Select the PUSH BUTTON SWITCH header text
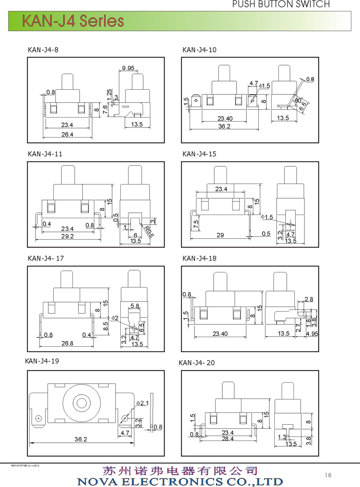(281, 4)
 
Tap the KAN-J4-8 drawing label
(43, 50)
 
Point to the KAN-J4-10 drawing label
(199, 50)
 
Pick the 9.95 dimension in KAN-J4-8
(128, 68)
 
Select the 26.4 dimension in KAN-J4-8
(67, 134)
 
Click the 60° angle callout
(298, 100)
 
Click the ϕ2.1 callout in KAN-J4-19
(143, 403)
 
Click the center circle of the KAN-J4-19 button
(82, 403)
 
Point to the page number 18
(329, 475)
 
